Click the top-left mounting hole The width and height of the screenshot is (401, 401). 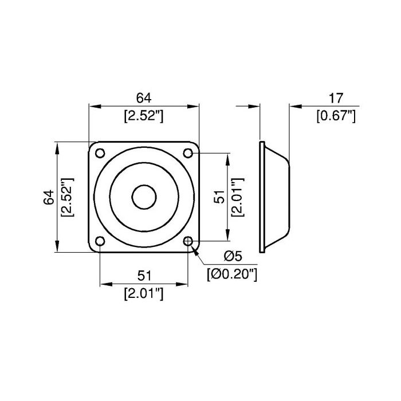pos(100,153)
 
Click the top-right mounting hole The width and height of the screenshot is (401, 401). pos(188,153)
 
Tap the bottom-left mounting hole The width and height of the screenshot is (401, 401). pos(100,241)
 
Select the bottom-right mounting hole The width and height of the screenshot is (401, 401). pos(188,241)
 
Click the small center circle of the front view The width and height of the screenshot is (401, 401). pos(144,197)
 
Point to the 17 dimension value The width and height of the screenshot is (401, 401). pos(336,98)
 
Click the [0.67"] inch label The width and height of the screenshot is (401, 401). pos(336,116)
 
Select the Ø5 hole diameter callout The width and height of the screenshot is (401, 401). pos(233,256)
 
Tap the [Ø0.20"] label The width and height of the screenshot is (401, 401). pos(232,274)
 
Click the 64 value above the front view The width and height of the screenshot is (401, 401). pos(144,98)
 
